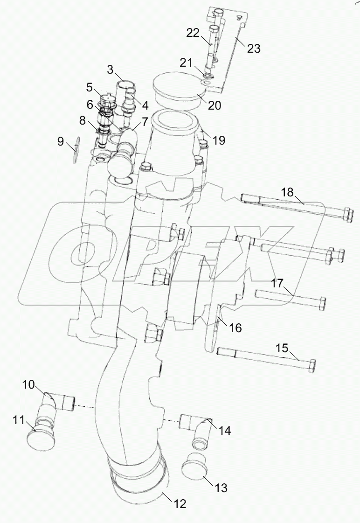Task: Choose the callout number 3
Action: click(x=110, y=70)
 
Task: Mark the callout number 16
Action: click(x=236, y=328)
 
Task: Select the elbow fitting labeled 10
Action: click(x=56, y=402)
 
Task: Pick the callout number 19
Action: click(x=218, y=140)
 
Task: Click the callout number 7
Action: click(x=142, y=122)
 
